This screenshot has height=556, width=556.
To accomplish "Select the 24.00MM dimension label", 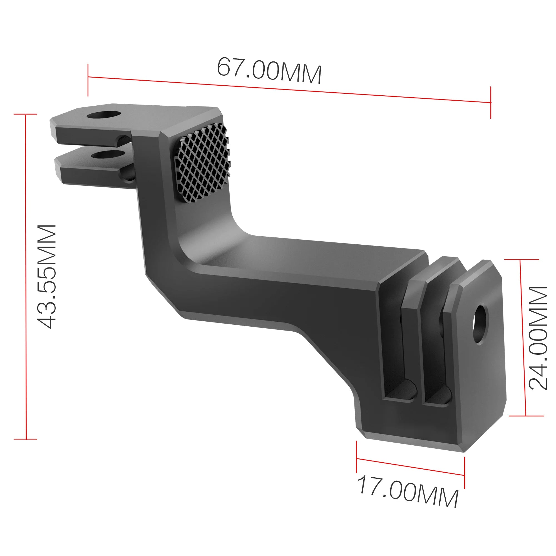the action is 538,338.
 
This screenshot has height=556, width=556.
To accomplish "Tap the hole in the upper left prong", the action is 104,115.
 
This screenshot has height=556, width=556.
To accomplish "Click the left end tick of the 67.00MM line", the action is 88,80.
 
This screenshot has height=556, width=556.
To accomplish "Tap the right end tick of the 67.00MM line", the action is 491,103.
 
